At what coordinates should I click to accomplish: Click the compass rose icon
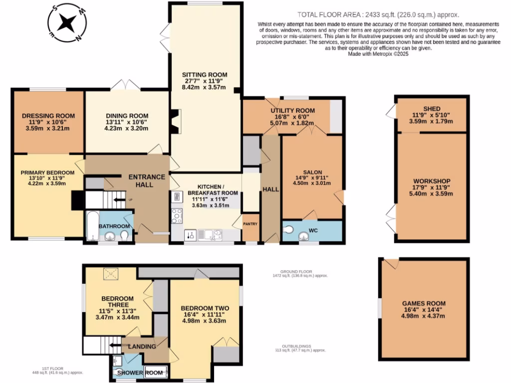coord(66,23)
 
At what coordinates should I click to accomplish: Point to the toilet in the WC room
coord(288,230)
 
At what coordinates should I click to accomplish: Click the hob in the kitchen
coord(177,215)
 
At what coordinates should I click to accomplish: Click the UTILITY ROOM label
coord(292,110)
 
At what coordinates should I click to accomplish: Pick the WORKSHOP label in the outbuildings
coord(432,181)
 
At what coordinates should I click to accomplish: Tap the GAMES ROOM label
coord(424,303)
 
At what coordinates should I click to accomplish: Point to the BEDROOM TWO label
coord(205,308)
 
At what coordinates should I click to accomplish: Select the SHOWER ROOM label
coord(132,373)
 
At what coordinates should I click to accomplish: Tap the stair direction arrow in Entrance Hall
coord(119,199)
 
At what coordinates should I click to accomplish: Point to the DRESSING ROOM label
coord(48,116)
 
